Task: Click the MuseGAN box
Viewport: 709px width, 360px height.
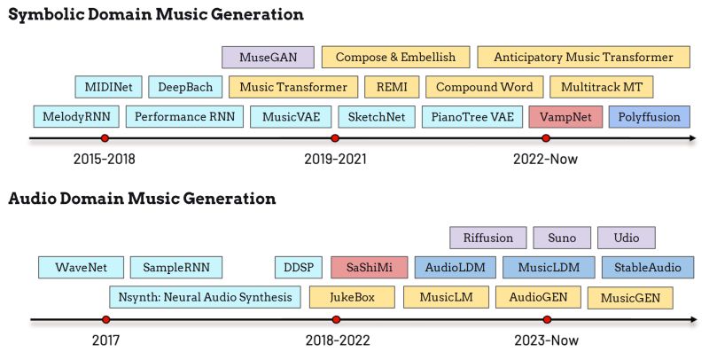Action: click(x=268, y=58)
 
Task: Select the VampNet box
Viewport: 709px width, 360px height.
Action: click(x=565, y=116)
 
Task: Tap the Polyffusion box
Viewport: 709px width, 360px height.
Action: click(x=649, y=116)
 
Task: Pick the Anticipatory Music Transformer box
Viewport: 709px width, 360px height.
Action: click(x=582, y=58)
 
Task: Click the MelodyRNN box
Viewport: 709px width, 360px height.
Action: click(x=75, y=116)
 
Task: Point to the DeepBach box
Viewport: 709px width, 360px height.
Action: click(x=184, y=87)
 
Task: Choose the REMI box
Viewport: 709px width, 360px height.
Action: click(x=391, y=87)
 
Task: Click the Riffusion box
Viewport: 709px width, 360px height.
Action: click(x=488, y=238)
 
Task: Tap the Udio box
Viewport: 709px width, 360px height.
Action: click(x=626, y=238)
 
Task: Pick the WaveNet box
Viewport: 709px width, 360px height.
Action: click(x=81, y=267)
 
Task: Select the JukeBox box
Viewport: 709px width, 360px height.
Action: click(x=351, y=297)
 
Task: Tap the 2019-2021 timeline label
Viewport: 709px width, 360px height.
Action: click(x=335, y=160)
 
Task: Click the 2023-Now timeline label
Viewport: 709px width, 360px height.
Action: click(x=545, y=340)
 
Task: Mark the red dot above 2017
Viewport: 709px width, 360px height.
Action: click(x=105, y=319)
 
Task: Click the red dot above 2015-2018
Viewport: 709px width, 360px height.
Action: click(x=105, y=138)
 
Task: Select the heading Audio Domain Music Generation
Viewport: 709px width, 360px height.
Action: click(x=142, y=199)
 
